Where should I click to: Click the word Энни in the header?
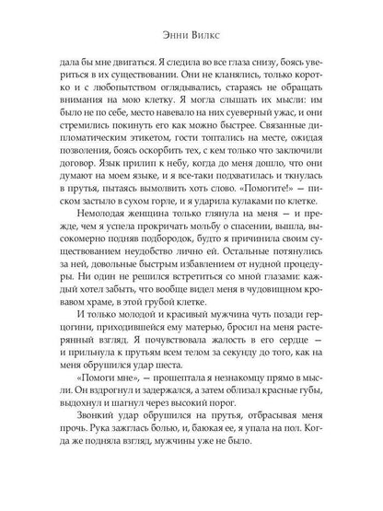tap(172, 27)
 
